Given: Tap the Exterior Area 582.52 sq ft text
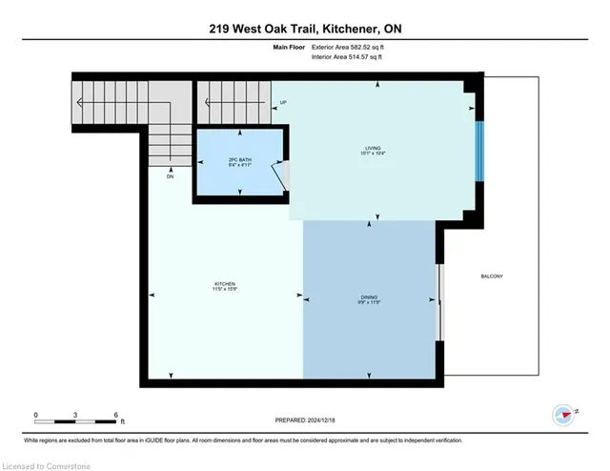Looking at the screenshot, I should pyautogui.click(x=351, y=46).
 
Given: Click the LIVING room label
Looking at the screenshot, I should pyautogui.click(x=378, y=148).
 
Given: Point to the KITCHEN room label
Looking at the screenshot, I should pyautogui.click(x=225, y=284).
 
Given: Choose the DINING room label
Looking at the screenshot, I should pyautogui.click(x=371, y=297).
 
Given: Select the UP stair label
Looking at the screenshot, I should pyautogui.click(x=283, y=102).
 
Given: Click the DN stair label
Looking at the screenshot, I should pyautogui.click(x=170, y=177).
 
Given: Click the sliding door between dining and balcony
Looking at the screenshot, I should pyautogui.click(x=439, y=301).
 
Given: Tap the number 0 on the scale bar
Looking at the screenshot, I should pyautogui.click(x=35, y=415).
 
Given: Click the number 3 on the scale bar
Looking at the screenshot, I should pyautogui.click(x=75, y=415).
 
